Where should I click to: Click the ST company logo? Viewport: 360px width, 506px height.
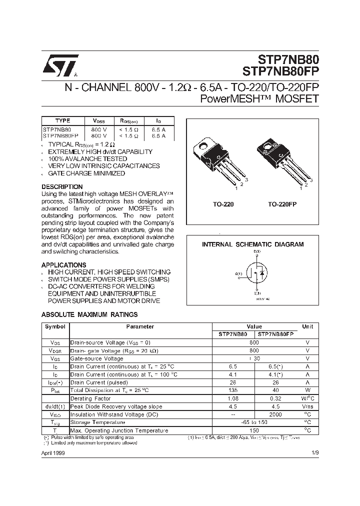pyautogui.click(x=60, y=65)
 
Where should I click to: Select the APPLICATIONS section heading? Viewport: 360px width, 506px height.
pyautogui.click(x=63, y=265)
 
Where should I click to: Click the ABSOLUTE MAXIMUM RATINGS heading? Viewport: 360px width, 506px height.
pyautogui.click(x=89, y=314)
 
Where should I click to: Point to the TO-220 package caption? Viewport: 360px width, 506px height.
pyautogui.click(x=223, y=204)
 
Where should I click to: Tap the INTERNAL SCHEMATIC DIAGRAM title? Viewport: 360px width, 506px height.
pyautogui.click(x=252, y=244)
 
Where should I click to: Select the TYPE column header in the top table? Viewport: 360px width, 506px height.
pyautogui.click(x=62, y=120)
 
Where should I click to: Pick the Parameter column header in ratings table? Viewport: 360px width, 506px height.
pyautogui.click(x=140, y=326)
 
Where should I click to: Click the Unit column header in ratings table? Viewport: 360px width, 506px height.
pyautogui.click(x=307, y=326)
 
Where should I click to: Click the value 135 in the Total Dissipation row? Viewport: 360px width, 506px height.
pyautogui.click(x=232, y=390)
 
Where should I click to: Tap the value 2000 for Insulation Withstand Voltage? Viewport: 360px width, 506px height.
pyautogui.click(x=275, y=414)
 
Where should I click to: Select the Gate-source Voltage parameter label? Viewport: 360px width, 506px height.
pyautogui.click(x=96, y=358)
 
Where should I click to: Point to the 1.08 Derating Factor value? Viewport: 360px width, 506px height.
pyautogui.click(x=232, y=398)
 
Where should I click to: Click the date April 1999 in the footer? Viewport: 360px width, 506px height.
pyautogui.click(x=52, y=453)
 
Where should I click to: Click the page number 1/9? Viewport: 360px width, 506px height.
pyautogui.click(x=314, y=453)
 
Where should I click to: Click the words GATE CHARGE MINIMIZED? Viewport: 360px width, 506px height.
pyautogui.click(x=86, y=173)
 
